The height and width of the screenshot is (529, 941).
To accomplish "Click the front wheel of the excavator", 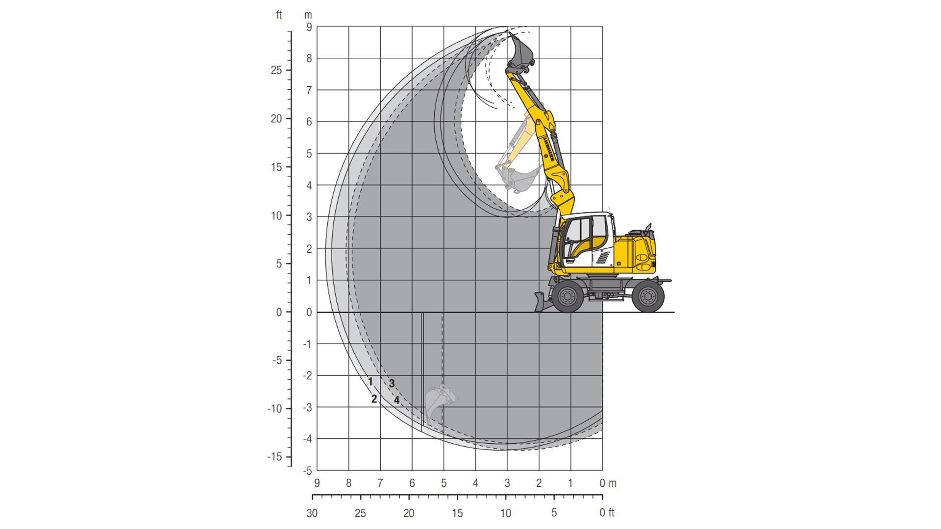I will [568, 296].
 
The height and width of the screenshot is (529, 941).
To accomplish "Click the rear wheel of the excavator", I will [648, 296].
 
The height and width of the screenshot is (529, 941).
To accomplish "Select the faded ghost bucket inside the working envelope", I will [520, 179].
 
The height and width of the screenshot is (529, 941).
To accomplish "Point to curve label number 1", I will [371, 382].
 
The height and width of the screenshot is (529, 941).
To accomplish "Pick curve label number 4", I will [396, 400].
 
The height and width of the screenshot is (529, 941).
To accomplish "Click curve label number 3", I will [392, 384].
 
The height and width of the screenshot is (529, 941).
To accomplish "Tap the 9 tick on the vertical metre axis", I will [309, 27].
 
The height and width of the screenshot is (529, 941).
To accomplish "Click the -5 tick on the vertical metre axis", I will [308, 471].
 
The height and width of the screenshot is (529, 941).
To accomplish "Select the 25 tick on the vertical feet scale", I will [276, 70].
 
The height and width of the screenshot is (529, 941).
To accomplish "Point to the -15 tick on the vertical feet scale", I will [275, 457].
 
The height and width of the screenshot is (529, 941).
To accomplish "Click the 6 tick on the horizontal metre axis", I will [412, 483].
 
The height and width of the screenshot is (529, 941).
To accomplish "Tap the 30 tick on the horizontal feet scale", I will [312, 513].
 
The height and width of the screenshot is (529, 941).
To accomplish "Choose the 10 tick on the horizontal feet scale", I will [506, 513].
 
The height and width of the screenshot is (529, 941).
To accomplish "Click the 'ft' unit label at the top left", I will [279, 15].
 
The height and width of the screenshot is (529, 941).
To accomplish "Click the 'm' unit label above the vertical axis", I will [308, 15].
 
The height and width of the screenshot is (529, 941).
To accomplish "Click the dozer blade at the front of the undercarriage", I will [541, 302].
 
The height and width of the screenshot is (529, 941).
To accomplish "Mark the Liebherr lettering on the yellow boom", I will [548, 148].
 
